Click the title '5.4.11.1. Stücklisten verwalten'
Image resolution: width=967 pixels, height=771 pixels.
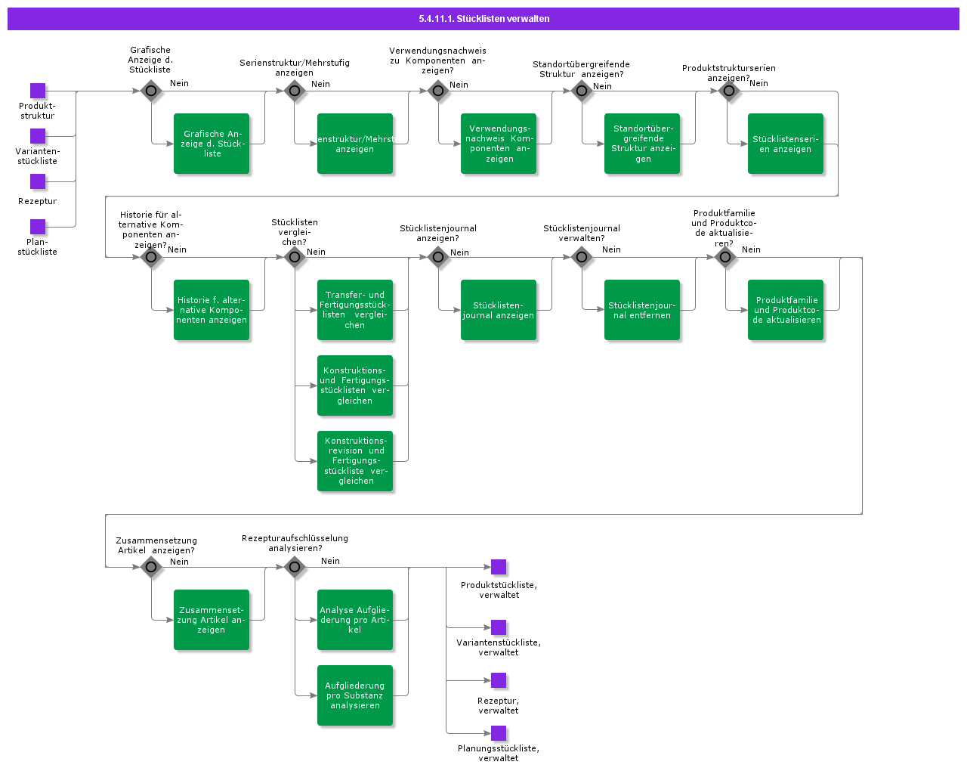(483, 18)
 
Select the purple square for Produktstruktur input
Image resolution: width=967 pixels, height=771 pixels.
(38, 91)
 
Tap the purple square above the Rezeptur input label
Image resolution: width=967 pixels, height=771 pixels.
(38, 181)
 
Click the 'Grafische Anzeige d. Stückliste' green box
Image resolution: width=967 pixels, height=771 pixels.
(212, 144)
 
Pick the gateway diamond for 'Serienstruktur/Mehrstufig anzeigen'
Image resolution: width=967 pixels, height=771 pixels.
(295, 91)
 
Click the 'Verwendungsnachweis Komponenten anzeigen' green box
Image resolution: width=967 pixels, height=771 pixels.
(499, 144)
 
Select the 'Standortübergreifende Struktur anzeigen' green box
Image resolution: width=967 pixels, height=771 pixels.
(642, 144)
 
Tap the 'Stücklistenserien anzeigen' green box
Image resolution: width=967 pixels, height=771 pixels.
(786, 144)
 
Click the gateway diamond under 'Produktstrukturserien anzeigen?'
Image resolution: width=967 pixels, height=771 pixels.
(728, 91)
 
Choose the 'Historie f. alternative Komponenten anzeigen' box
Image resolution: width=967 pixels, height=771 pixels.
(212, 310)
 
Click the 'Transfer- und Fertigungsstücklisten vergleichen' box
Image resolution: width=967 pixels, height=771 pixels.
(355, 310)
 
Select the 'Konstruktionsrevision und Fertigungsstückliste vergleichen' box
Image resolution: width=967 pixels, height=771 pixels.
(355, 461)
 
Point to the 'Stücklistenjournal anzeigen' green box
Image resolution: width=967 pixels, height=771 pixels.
(499, 310)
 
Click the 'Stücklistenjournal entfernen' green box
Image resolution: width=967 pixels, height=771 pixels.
(642, 310)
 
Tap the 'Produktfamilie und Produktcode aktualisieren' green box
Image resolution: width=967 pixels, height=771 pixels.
(786, 310)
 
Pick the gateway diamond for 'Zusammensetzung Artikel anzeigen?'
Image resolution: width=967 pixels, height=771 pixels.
(151, 567)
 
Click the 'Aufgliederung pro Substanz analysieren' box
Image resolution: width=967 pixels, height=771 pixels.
(355, 695)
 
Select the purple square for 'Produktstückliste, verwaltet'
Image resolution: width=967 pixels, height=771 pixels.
(499, 567)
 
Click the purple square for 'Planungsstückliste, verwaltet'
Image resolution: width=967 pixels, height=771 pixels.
(499, 733)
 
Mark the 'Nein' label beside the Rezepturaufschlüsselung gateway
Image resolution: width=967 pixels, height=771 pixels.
(330, 561)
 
